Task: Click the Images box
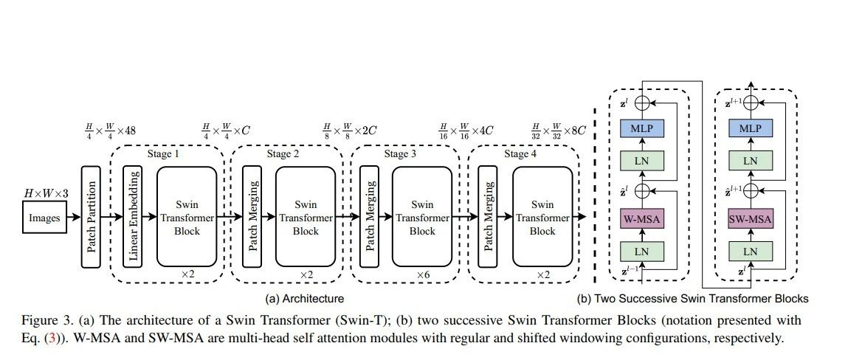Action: click(44, 218)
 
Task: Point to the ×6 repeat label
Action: click(422, 274)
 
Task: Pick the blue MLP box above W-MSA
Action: click(641, 128)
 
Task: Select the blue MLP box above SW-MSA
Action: click(751, 128)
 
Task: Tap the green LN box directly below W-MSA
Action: click(641, 252)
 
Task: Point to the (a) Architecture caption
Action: click(306, 299)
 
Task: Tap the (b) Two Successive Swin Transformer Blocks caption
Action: click(692, 299)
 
